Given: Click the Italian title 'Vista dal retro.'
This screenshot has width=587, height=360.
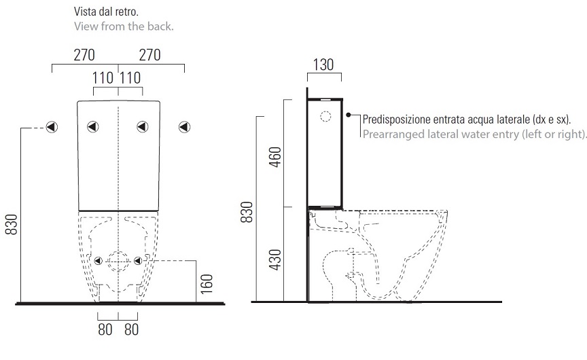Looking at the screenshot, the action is coord(106,12).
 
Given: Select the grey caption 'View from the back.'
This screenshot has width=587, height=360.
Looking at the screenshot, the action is coord(124,26).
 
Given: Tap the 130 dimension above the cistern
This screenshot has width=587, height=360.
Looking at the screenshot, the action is coord(323,65).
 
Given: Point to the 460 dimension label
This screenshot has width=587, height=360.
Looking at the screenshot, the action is coord(275,157).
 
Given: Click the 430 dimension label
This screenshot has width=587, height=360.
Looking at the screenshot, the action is coord(275,259).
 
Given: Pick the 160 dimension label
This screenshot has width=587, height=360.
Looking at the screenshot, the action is coord(207,284).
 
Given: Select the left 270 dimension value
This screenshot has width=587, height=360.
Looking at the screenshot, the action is coord(84,55).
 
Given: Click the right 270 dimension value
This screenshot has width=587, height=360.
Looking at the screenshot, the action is coord(149,55).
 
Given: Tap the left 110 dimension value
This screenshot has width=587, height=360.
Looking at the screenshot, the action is coord(103,78).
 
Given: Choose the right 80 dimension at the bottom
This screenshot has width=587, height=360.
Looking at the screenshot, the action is coord(131,329).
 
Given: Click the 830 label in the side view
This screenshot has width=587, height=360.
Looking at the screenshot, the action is coord(247,212).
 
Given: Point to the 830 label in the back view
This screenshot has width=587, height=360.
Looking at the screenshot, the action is coord(12,224).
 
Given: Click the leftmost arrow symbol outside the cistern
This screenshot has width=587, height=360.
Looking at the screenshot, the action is coord(52,127).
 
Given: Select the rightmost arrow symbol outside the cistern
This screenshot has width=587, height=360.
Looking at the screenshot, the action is coord(184,127).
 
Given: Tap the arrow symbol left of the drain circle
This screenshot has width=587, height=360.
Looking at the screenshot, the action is coord(99,260).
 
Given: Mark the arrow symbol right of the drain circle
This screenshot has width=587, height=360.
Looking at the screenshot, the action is coord(138,260).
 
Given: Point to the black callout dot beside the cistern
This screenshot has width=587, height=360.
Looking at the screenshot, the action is coord(348,115).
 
